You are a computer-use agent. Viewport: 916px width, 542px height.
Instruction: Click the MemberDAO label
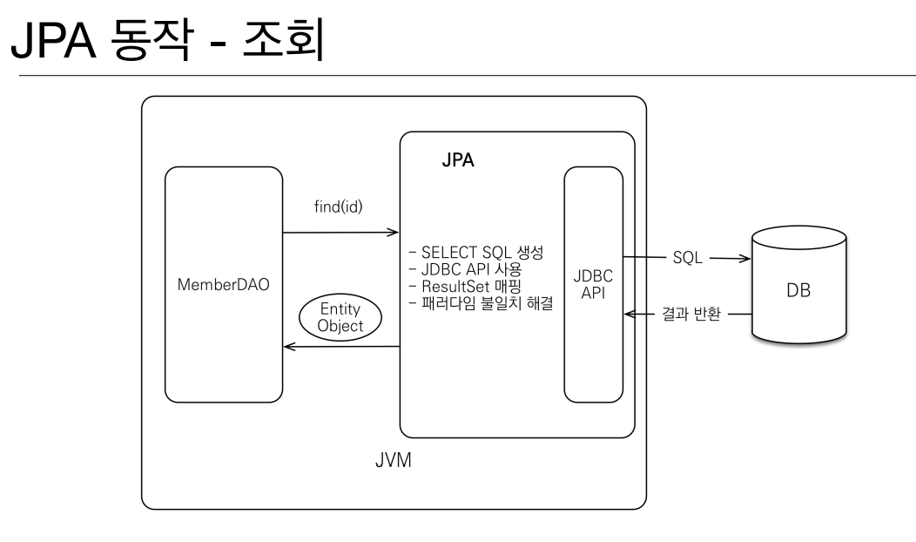tap(223, 285)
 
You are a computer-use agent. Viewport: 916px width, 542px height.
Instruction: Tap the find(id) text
tap(338, 207)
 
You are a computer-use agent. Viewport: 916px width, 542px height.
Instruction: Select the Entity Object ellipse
tap(340, 317)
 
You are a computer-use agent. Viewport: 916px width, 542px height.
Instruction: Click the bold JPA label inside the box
tap(458, 160)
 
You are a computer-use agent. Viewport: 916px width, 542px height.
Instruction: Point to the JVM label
tap(394, 460)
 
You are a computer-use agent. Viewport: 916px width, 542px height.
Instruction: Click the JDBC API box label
tap(593, 284)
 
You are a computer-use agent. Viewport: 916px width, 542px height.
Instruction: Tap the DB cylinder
tap(798, 284)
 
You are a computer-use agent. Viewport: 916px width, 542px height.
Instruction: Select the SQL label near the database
tap(688, 258)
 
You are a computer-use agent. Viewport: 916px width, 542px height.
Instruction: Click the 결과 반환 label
tap(691, 314)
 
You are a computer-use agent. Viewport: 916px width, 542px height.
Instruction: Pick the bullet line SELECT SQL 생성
tap(476, 253)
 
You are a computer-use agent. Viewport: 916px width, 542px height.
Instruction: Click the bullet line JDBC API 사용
tap(465, 269)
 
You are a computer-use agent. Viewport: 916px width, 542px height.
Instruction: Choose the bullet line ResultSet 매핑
tap(465, 287)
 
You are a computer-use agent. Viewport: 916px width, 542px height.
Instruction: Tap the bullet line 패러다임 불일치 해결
tap(481, 303)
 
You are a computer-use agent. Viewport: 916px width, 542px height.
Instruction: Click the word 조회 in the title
tap(283, 40)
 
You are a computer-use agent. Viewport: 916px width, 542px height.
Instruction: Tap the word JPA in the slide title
tap(53, 40)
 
